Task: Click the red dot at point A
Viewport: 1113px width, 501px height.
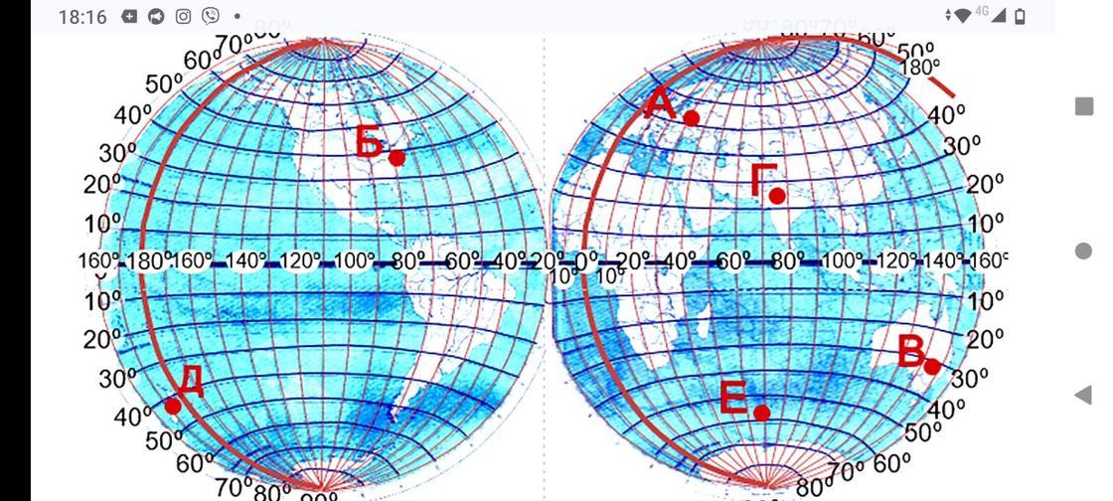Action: [692, 117]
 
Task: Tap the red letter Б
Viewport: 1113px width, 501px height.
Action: [370, 143]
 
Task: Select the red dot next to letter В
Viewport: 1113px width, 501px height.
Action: [932, 367]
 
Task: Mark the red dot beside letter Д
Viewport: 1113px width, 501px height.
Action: [173, 406]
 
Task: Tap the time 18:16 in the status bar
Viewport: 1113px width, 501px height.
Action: [82, 17]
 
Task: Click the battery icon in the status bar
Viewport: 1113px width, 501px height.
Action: [1020, 16]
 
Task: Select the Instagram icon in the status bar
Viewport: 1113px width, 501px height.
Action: [183, 17]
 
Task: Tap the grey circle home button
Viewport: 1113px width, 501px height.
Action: [1084, 250]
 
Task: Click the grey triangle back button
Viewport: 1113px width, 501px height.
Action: [1083, 395]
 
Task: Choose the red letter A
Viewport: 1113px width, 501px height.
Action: [660, 102]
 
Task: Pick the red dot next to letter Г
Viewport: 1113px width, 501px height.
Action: [777, 196]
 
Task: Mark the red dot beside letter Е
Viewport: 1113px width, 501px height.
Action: [761, 413]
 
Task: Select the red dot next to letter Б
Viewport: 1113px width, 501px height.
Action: [397, 157]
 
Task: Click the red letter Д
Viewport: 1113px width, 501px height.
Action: [192, 381]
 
